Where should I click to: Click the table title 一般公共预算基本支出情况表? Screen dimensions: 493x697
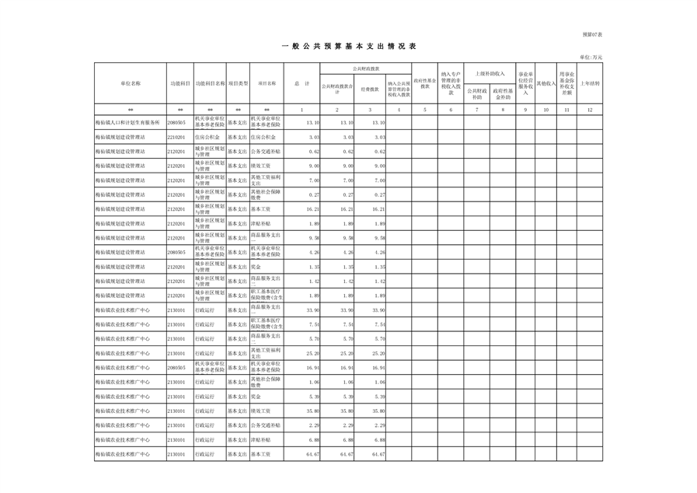(x=348, y=47)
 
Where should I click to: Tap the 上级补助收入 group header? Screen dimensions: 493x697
(x=490, y=73)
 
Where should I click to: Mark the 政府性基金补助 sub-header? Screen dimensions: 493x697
(x=503, y=94)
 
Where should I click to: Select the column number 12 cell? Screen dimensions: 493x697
(x=590, y=110)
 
